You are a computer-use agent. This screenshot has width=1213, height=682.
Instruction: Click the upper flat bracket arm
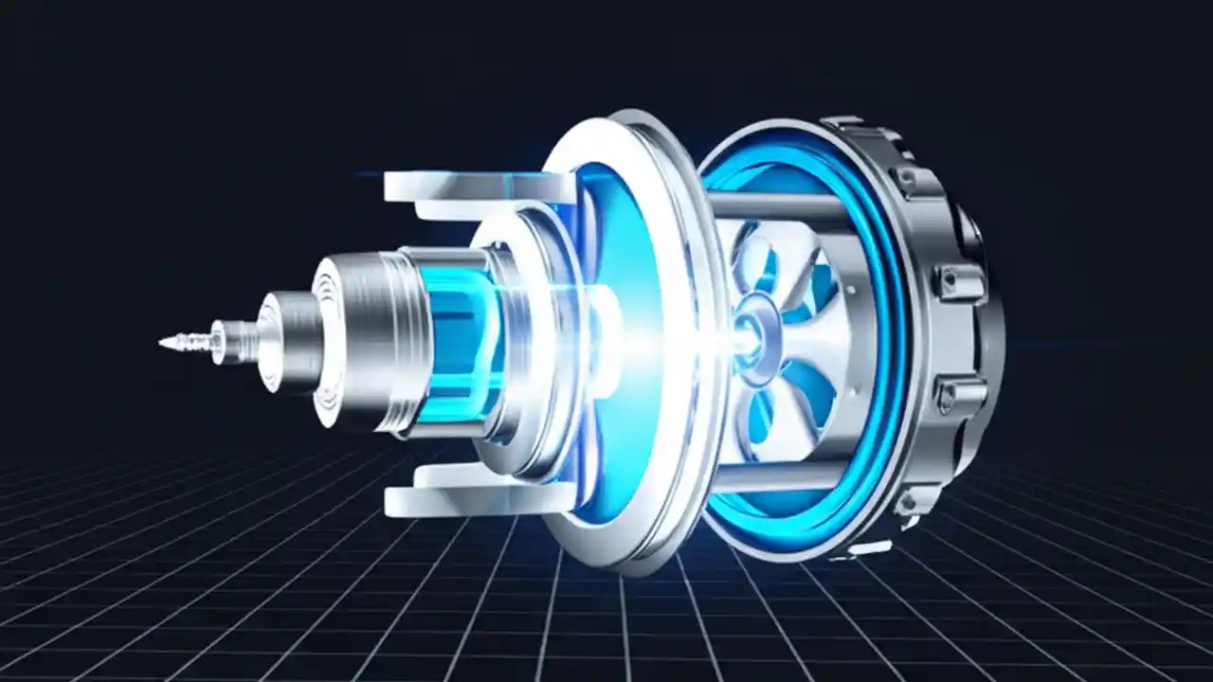(x=474, y=187)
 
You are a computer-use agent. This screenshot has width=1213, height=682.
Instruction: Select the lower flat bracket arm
(x=474, y=498)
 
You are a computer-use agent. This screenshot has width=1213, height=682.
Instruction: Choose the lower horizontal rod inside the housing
(x=777, y=479)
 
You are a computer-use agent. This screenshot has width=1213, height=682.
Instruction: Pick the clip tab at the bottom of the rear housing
(x=867, y=548)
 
